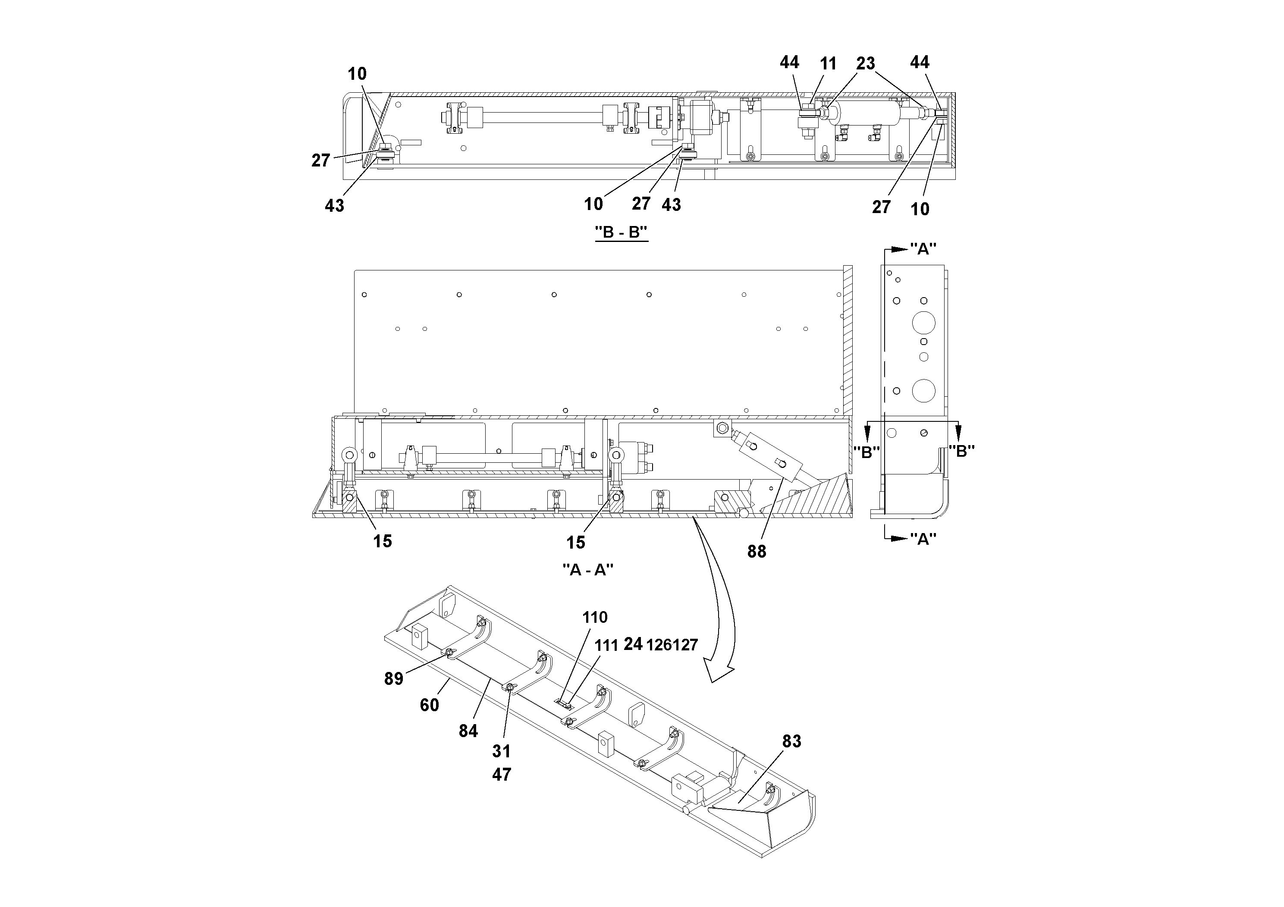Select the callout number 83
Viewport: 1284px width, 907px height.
click(x=791, y=741)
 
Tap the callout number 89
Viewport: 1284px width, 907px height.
click(x=393, y=679)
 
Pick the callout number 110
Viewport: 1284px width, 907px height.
click(x=594, y=617)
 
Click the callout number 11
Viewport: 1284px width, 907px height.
click(x=828, y=64)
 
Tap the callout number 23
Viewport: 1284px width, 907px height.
click(x=865, y=63)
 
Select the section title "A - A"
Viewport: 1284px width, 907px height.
click(x=588, y=570)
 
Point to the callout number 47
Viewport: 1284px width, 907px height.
click(x=502, y=775)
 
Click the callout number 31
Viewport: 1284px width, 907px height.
click(x=501, y=751)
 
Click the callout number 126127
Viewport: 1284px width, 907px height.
click(x=672, y=645)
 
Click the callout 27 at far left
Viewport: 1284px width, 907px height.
click(x=320, y=160)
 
